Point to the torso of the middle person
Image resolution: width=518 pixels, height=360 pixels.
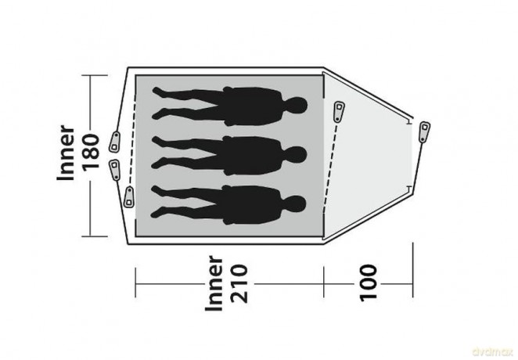253,155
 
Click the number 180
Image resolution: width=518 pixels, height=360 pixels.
91,153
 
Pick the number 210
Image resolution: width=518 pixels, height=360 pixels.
239,283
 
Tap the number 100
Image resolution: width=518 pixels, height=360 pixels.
368,283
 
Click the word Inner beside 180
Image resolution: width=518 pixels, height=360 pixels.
66,153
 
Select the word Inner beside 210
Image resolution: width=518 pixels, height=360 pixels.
214,283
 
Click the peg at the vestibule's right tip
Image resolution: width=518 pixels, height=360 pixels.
424,131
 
